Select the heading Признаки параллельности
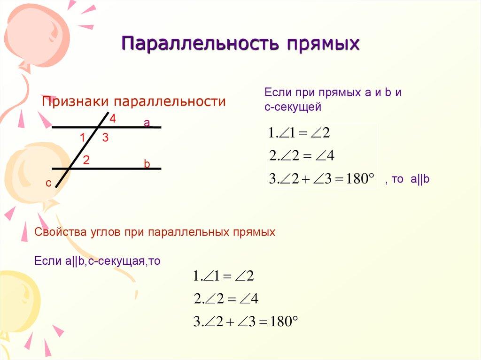134,102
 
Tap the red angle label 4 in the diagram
113,119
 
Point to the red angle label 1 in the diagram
82,138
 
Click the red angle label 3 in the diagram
105,138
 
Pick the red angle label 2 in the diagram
86,160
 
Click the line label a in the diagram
147,123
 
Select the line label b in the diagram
147,164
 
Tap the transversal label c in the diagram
48,184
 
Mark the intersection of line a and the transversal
99,127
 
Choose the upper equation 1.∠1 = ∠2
299,133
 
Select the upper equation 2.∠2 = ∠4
301,155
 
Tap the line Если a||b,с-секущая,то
98,261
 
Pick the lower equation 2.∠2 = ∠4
226,299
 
